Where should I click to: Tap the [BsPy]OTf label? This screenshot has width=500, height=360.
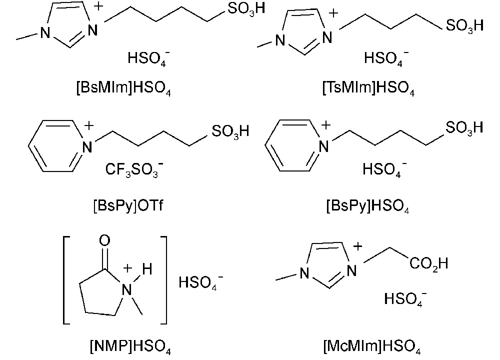(128, 205)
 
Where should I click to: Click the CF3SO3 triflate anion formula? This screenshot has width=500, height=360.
(134, 169)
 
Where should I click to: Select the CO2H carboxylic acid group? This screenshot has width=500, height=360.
(429, 263)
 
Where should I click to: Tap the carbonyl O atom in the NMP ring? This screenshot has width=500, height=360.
(104, 240)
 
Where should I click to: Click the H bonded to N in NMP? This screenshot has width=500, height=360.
(147, 269)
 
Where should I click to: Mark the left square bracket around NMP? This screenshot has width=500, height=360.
(66, 280)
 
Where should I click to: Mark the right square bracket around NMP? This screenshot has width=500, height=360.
(163, 280)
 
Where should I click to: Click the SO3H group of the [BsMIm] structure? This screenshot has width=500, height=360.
(246, 8)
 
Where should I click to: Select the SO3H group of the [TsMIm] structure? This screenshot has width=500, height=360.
(464, 25)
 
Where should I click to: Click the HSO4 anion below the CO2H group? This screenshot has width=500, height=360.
(405, 299)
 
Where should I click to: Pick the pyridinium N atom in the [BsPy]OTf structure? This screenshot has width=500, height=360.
(87, 147)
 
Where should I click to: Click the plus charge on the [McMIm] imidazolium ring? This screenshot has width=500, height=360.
(358, 246)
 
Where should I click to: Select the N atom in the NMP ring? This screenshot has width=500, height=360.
(127, 290)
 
